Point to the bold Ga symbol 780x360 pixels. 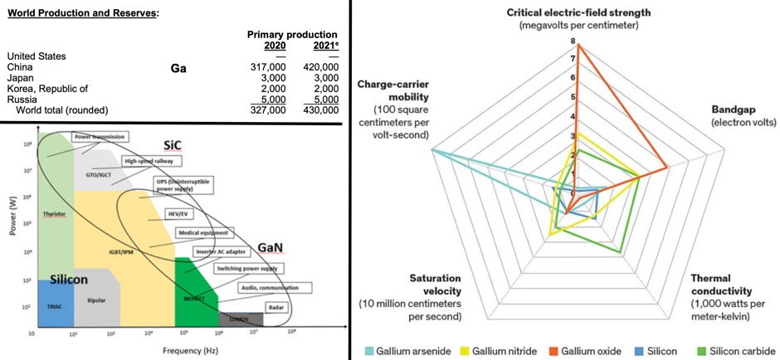[x=178, y=69]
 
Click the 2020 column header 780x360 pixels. [x=275, y=46]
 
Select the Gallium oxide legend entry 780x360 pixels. [x=585, y=351]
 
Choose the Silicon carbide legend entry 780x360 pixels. [x=742, y=351]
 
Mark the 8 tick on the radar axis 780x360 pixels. [x=572, y=41]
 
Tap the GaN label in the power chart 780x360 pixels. [x=271, y=247]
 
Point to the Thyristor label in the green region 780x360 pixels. [x=55, y=213]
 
